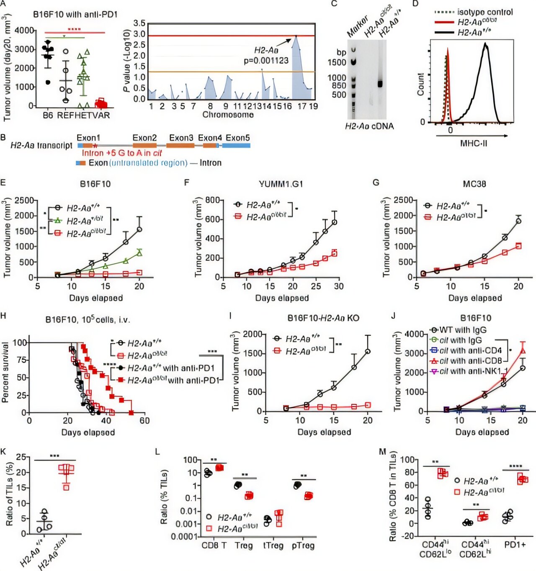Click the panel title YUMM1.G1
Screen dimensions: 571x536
pyautogui.click(x=281, y=184)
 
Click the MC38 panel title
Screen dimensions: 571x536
pyautogui.click(x=474, y=184)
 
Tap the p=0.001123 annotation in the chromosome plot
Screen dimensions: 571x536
pyautogui.click(x=266, y=61)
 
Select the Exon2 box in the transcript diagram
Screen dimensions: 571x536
pyautogui.click(x=144, y=145)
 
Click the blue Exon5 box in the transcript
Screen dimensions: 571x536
pyautogui.click(x=236, y=145)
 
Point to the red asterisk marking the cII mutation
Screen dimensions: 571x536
pyautogui.click(x=95, y=146)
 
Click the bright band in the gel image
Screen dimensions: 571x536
pyautogui.click(x=380, y=83)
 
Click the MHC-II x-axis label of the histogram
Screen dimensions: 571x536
pyautogui.click(x=474, y=144)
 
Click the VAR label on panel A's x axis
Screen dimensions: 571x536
pyautogui.click(x=101, y=115)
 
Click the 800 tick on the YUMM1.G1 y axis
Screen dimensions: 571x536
pyautogui.click(x=213, y=200)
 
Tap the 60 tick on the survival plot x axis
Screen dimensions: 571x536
pyautogui.click(x=144, y=420)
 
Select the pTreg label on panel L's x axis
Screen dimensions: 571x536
pyautogui.click(x=303, y=545)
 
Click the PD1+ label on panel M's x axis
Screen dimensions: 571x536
pyautogui.click(x=515, y=545)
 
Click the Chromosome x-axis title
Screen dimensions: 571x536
pyautogui.click(x=228, y=115)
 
